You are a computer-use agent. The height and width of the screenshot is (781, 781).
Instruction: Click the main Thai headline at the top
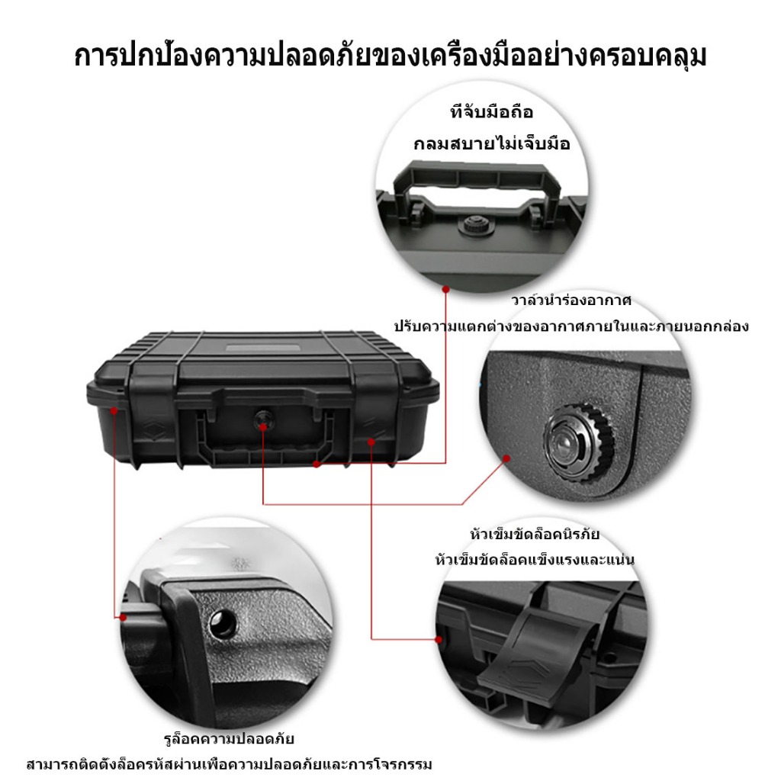coord(390,56)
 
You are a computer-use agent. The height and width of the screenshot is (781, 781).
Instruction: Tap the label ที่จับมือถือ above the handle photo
coord(492,112)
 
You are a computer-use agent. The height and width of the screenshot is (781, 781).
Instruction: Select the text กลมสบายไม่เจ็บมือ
coord(492,143)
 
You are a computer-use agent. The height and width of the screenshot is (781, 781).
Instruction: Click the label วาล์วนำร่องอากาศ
coord(571,301)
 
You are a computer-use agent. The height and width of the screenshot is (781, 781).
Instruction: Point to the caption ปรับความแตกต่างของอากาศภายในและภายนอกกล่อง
coord(571,326)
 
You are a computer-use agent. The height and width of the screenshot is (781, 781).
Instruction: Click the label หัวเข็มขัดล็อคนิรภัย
coord(535,535)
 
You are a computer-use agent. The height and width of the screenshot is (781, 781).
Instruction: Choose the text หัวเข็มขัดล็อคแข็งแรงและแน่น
coord(535,560)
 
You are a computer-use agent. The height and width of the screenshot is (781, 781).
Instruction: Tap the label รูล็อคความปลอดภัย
coord(229,738)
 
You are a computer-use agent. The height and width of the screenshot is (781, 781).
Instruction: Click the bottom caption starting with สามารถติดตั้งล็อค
coord(229,764)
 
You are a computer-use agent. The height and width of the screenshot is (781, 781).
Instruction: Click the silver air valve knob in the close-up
coord(579,443)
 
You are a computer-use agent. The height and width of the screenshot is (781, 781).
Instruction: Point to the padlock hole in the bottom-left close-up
coord(222,623)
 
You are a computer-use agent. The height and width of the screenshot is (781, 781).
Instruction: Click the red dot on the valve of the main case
coord(263,426)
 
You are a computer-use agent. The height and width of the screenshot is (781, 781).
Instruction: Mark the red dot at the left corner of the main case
coord(114,410)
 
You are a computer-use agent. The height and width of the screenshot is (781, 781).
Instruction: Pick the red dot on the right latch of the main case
coord(371,442)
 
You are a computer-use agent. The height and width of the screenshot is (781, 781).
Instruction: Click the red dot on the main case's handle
coord(317,464)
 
